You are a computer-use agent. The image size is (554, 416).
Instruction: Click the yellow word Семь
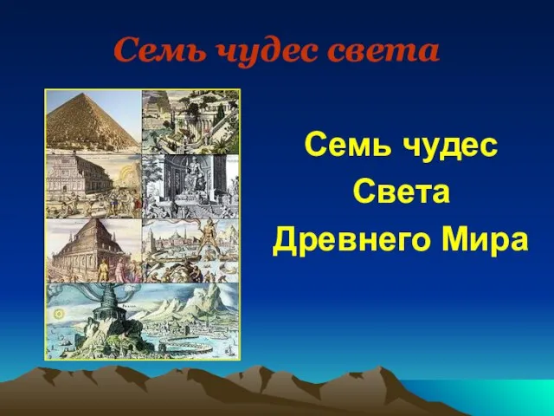click(x=348, y=144)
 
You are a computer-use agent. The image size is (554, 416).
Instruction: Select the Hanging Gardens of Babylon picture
click(x=190, y=122)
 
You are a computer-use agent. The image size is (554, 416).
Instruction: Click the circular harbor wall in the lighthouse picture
click(x=182, y=342)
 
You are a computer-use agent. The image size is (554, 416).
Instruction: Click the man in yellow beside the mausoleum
click(x=104, y=270)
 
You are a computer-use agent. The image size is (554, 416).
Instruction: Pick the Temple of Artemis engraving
click(x=93, y=186)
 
